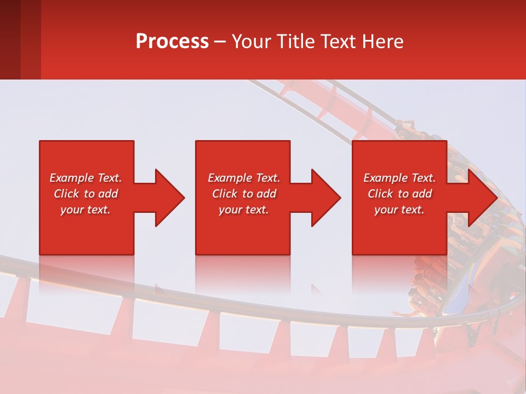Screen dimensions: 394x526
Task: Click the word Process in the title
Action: click(x=172, y=41)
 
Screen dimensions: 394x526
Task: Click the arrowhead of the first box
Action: click(x=170, y=198)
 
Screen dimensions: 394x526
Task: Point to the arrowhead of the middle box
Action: click(x=326, y=198)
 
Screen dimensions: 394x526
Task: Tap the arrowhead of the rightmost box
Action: click(x=483, y=198)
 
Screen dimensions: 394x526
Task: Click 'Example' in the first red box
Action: click(x=71, y=178)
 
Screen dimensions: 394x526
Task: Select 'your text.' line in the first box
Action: click(x=85, y=210)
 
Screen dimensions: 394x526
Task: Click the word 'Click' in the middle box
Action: click(x=225, y=194)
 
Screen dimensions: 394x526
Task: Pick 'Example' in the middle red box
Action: click(x=230, y=178)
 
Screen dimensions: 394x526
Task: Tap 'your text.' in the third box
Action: click(x=399, y=210)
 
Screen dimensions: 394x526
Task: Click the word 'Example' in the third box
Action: click(x=385, y=178)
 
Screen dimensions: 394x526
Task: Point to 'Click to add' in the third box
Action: click(x=400, y=194)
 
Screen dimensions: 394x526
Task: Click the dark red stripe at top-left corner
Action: click(x=10, y=38)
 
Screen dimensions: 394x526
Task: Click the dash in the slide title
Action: click(x=220, y=42)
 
